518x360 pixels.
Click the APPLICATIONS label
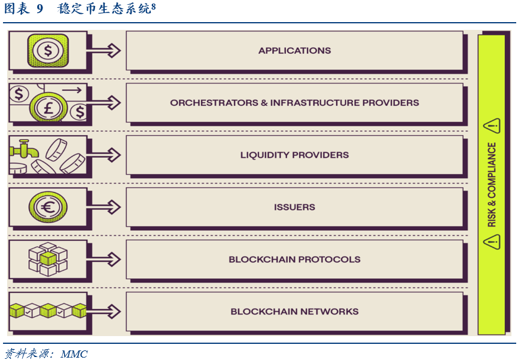click(294, 51)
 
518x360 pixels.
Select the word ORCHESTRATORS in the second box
click(214, 103)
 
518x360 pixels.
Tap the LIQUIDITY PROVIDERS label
click(294, 155)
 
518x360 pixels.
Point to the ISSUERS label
click(294, 208)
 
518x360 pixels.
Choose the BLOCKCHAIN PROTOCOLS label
click(294, 260)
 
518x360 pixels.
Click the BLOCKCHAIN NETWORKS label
click(294, 312)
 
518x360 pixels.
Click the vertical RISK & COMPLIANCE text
click(492, 185)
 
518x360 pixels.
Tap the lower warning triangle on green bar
click(492, 242)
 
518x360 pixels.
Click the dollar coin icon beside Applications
click(48, 50)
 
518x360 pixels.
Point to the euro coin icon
click(48, 208)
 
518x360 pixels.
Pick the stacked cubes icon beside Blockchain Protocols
click(48, 259)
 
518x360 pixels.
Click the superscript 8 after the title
click(154, 6)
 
